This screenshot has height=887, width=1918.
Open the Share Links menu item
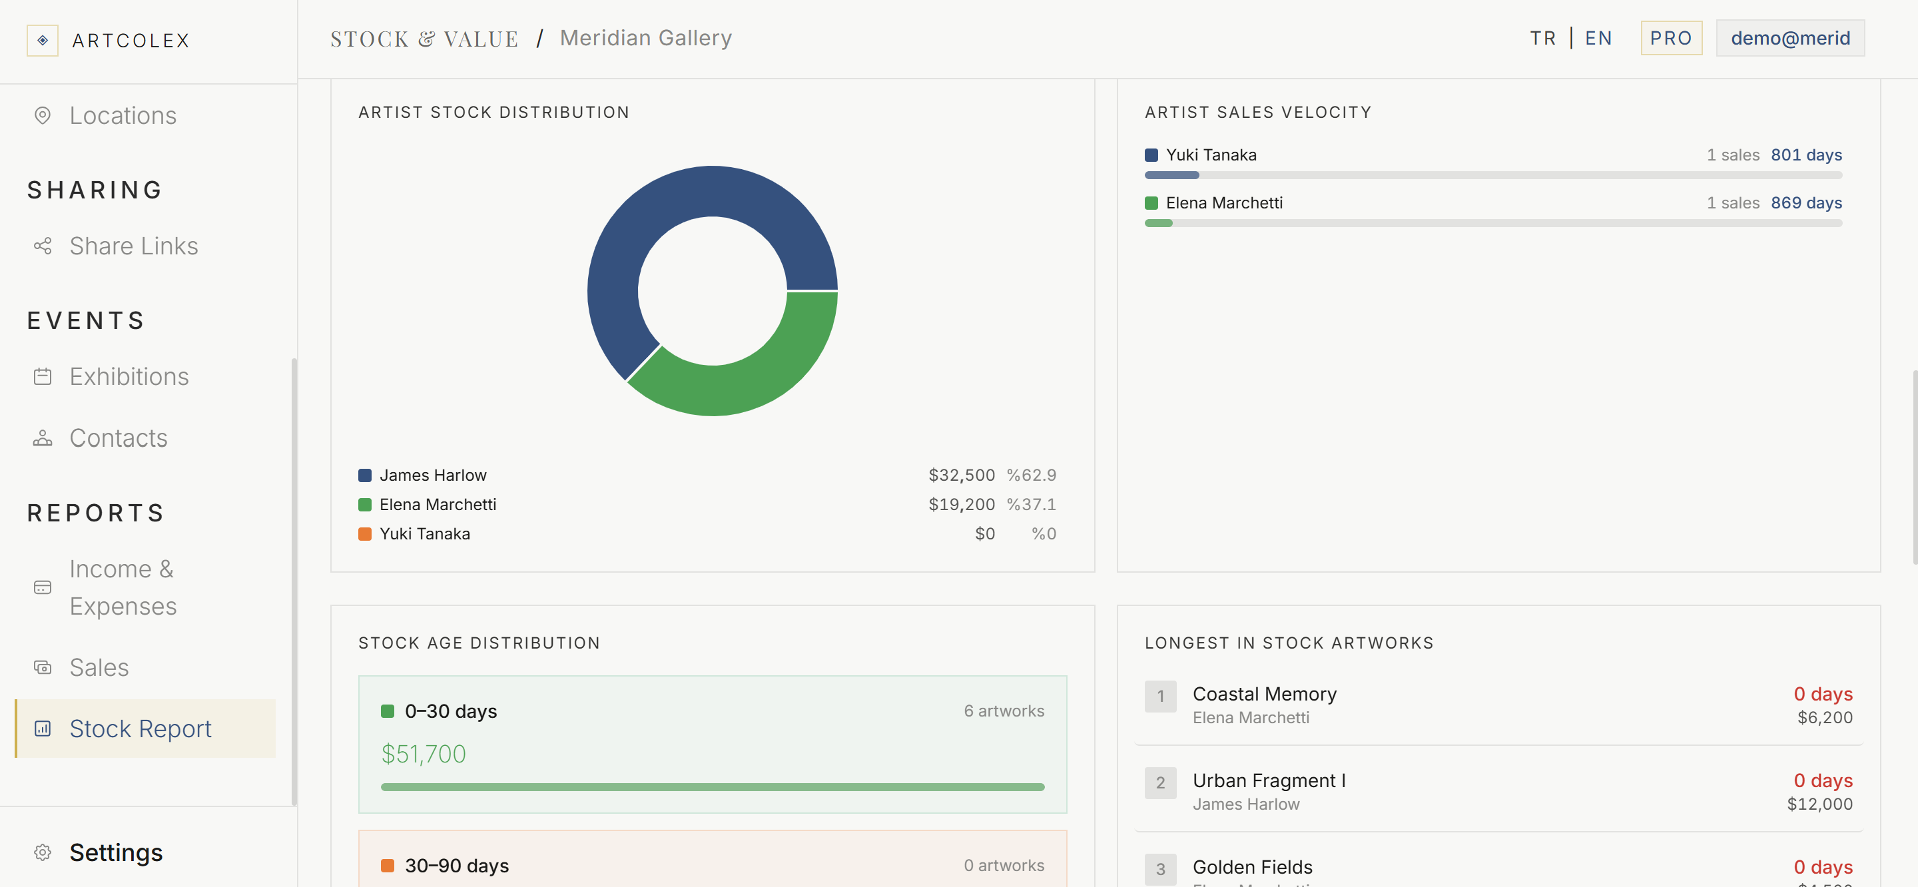coord(133,246)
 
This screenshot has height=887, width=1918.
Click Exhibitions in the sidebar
coord(129,376)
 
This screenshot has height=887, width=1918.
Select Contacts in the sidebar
coord(119,438)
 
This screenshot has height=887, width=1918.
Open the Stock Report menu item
coord(140,729)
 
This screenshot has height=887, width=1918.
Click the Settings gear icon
coord(43,852)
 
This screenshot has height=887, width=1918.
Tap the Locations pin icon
coord(43,115)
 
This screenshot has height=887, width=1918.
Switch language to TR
coord(1543,38)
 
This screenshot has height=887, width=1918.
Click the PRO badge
coord(1671,38)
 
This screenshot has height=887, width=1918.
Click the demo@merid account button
coord(1790,38)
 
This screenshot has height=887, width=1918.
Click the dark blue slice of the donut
coord(655,216)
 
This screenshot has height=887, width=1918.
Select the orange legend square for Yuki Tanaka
coord(365,534)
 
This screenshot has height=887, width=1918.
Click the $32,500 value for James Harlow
coord(961,475)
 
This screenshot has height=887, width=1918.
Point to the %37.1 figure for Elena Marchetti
coord(1031,504)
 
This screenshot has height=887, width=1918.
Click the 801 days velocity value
coord(1806,155)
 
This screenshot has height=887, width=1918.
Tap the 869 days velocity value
coord(1806,202)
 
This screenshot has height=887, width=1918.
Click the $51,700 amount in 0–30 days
coord(424,754)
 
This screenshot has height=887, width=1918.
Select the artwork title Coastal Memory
coord(1264,694)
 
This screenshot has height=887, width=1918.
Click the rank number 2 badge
coord(1160,782)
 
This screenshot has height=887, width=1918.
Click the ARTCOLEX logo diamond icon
coord(43,40)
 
